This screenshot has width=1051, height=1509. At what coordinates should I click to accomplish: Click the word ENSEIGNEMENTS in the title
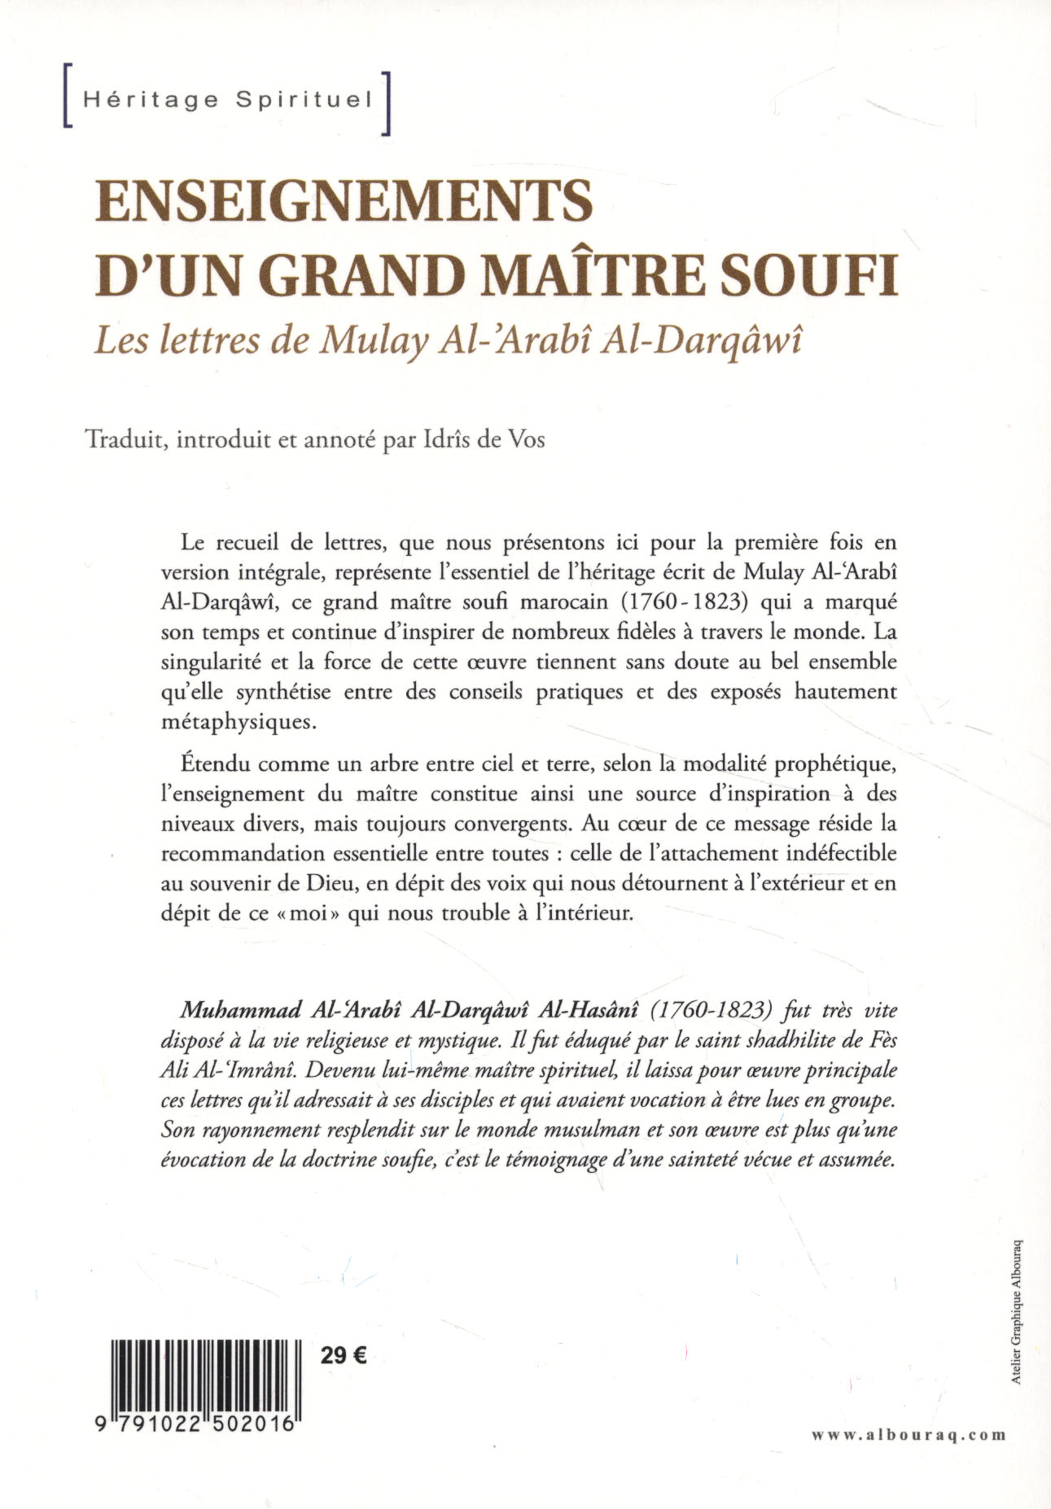tap(343, 201)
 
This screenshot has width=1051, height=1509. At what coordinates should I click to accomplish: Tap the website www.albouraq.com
tap(909, 1435)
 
